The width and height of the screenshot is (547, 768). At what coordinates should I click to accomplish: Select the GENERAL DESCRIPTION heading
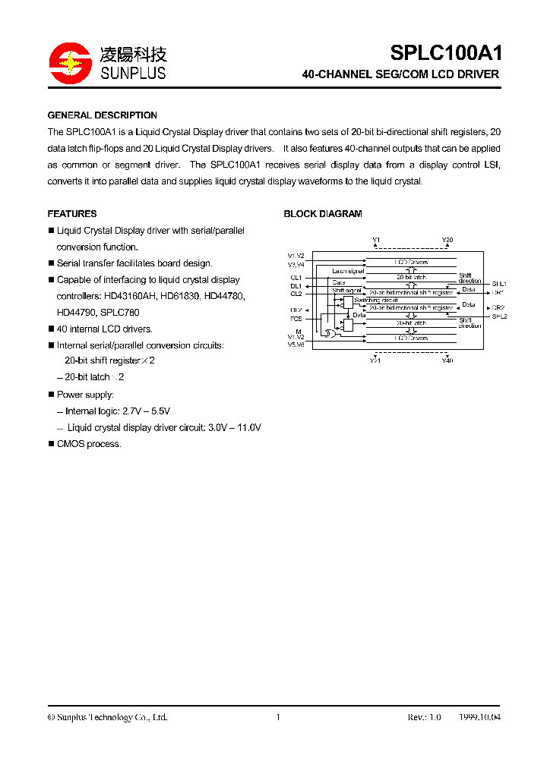tap(103, 115)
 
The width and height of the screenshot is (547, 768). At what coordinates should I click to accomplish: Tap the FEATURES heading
tap(72, 214)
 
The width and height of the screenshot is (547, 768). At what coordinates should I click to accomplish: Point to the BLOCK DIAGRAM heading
tap(323, 214)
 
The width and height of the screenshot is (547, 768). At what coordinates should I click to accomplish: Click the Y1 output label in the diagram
tap(376, 240)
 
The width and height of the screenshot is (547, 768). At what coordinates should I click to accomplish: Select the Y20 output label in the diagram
tap(447, 240)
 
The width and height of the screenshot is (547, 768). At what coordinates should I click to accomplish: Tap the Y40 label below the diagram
tap(447, 360)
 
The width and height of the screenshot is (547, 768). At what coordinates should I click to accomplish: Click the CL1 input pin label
tap(296, 278)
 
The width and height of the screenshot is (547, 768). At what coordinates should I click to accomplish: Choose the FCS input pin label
tap(296, 319)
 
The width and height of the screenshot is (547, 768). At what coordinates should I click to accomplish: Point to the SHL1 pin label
tap(499, 283)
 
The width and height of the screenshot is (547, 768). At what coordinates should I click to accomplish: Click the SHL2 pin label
tap(499, 316)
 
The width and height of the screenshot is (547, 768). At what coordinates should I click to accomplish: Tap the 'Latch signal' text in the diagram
tap(348, 271)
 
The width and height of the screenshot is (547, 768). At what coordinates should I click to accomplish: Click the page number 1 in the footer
tap(278, 717)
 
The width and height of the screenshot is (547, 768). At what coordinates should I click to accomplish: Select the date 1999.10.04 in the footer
tap(480, 717)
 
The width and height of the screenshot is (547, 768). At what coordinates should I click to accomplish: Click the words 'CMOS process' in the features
tap(89, 444)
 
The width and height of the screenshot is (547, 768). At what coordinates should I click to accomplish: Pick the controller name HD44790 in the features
tap(76, 312)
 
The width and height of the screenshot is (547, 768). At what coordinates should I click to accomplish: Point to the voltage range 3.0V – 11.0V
tap(235, 427)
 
